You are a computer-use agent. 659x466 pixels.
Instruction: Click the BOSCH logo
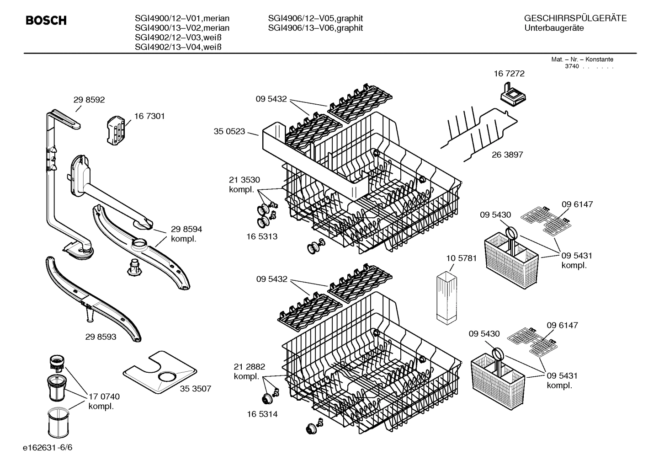click(x=46, y=21)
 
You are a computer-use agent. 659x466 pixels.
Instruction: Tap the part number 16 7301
click(x=149, y=116)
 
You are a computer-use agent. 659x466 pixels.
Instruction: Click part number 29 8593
click(x=101, y=337)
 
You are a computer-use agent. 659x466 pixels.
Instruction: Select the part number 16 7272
click(x=509, y=73)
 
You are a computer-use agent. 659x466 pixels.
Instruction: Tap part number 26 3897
click(x=507, y=155)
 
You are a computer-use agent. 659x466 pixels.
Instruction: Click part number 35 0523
click(x=229, y=132)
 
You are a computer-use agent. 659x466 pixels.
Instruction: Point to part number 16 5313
click(x=262, y=236)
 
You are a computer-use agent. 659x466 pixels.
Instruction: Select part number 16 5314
click(x=262, y=414)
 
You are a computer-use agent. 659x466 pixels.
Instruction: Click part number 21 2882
click(x=249, y=367)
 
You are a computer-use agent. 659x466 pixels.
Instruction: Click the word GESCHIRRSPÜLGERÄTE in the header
click(x=575, y=18)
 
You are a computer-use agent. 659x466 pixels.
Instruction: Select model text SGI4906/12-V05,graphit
click(x=315, y=18)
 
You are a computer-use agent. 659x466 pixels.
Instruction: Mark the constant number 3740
click(x=571, y=66)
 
